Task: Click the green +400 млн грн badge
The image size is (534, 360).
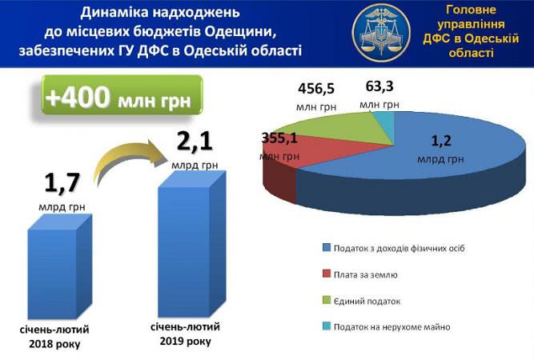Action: coord(122,95)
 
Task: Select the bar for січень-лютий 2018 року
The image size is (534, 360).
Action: coord(59,267)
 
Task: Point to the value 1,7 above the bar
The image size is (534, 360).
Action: coord(62,183)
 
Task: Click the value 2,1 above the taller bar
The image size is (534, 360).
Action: coord(195,142)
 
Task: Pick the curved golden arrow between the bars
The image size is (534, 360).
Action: coord(130,160)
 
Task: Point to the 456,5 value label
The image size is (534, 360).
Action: coord(316,89)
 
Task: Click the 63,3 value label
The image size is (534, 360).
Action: coord(379,86)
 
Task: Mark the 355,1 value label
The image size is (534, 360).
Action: coord(279,138)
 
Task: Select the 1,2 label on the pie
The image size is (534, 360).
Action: coord(441,141)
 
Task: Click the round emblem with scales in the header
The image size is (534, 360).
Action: coord(381,33)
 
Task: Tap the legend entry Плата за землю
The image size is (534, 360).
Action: coord(360,274)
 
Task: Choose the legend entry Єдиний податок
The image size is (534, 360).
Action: coord(361,301)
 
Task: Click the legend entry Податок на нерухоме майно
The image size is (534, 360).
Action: coord(386,326)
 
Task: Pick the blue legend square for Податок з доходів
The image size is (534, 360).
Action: coord(327,248)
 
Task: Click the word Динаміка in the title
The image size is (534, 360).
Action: coord(114,13)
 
